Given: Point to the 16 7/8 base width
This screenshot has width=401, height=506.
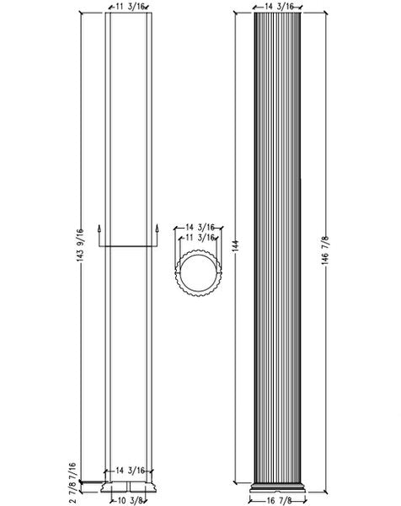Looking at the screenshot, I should (278, 499).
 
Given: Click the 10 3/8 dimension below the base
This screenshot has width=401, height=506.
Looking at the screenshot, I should (129, 499).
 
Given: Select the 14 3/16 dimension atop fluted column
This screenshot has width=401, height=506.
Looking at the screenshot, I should (278, 6).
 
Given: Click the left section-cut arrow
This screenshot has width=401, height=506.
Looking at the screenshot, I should (99, 232).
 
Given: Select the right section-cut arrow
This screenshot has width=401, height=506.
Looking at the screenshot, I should (158, 232).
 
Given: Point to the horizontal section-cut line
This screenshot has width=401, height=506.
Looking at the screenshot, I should (129, 246).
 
